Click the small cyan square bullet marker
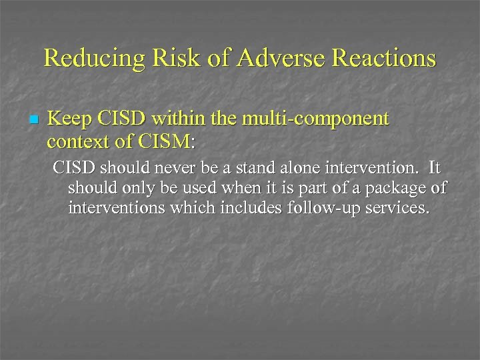pos(33,121)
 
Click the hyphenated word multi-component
pos(312,120)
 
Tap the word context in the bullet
pos(75,141)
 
